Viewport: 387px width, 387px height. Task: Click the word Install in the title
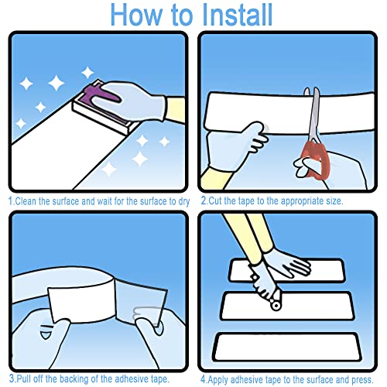pyautogui.click(x=237, y=15)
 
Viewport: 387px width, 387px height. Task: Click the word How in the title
pyautogui.click(x=137, y=15)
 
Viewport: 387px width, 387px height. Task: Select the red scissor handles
pyautogui.click(x=315, y=160)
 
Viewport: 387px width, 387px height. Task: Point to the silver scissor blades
pyautogui.click(x=313, y=115)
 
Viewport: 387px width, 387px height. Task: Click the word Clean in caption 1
pyautogui.click(x=26, y=201)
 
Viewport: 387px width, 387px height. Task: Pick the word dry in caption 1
pyautogui.click(x=184, y=201)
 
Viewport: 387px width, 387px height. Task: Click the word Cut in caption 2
pyautogui.click(x=214, y=200)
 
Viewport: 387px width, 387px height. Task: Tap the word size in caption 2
pyautogui.click(x=334, y=201)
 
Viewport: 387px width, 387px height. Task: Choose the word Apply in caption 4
pyautogui.click(x=217, y=380)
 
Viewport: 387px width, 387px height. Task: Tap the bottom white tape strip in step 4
pyautogui.click(x=286, y=347)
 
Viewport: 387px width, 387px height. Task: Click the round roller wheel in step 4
pyautogui.click(x=276, y=306)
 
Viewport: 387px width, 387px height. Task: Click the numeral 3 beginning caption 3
pyautogui.click(x=12, y=378)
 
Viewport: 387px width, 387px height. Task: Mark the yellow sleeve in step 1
pyautogui.click(x=176, y=110)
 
